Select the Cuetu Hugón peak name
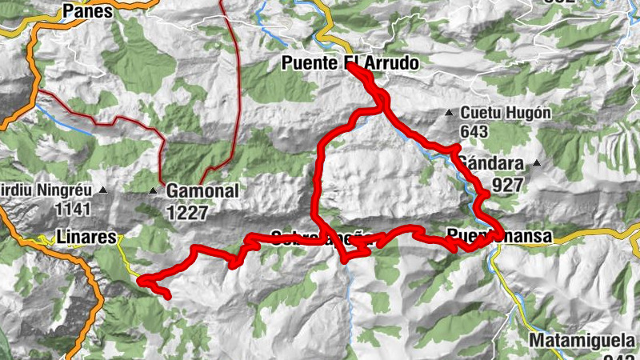pyautogui.click(x=505, y=113)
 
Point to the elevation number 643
pyautogui.click(x=474, y=130)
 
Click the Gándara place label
pyautogui.click(x=491, y=164)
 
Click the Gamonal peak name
pyautogui.click(x=192, y=191)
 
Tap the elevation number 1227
pyautogui.click(x=187, y=213)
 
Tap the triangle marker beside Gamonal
pyautogui.click(x=153, y=190)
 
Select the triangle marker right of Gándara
pyautogui.click(x=537, y=164)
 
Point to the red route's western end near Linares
pyautogui.click(x=168, y=297)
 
